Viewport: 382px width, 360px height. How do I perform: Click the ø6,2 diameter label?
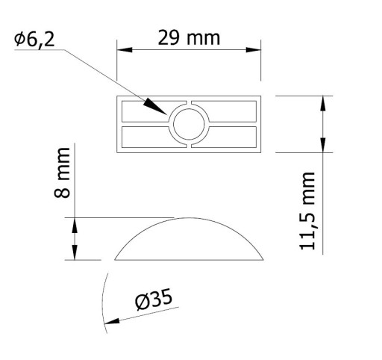pos(34,40)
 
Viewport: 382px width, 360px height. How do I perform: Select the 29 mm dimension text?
pos(189,38)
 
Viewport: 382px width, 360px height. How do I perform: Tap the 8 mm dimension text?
pos(62,173)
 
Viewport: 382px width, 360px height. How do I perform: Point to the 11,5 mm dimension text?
pos(307,211)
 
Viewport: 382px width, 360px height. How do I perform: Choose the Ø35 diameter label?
pos(154,300)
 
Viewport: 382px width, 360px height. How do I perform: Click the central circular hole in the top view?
pos(189,124)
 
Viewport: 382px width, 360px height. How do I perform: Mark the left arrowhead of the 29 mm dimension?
pos(125,50)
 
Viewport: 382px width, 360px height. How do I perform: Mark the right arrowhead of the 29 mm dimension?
pos(253,50)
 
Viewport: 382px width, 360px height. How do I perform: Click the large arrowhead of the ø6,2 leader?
pos(155,106)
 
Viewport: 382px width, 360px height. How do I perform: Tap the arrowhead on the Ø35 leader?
pos(112,322)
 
